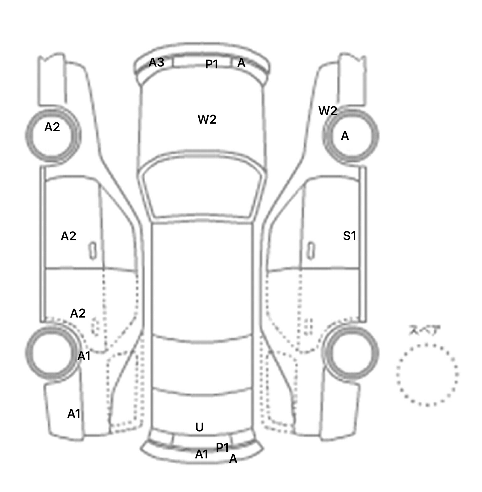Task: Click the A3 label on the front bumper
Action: (x=156, y=62)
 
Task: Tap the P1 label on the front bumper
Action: (x=212, y=64)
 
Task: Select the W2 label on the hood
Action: (x=207, y=119)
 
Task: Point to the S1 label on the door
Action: (x=350, y=236)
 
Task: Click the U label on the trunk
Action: (x=200, y=427)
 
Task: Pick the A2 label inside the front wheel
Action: (x=52, y=127)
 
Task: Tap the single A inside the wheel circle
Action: (x=345, y=136)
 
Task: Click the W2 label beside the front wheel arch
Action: (x=328, y=111)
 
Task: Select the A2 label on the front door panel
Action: (x=68, y=236)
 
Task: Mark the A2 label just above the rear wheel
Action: (x=78, y=313)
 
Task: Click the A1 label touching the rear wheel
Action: (x=84, y=356)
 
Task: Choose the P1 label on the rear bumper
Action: (x=222, y=447)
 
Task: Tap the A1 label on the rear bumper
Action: (x=202, y=454)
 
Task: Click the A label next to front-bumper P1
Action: (x=241, y=63)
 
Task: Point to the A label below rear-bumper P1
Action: (x=233, y=459)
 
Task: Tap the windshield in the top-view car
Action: (x=203, y=187)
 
